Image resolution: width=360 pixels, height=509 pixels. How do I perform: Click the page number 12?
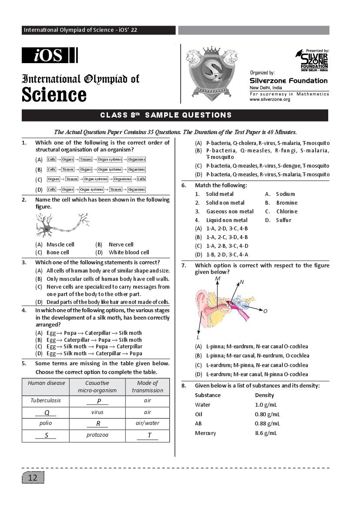coord(33,478)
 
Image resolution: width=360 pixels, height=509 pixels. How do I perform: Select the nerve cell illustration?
coord(62,225)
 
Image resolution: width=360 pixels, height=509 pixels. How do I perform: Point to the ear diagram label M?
coord(218,278)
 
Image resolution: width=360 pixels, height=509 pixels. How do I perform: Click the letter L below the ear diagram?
coord(198,337)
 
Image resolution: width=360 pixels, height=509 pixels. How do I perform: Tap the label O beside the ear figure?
coord(265,311)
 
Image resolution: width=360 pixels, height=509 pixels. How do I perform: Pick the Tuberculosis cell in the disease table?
coord(46,401)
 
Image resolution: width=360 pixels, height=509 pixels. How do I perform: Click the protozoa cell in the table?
coord(98,435)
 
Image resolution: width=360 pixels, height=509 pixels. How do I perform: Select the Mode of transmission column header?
coord(147,387)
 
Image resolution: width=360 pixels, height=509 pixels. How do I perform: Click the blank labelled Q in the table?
coord(47,412)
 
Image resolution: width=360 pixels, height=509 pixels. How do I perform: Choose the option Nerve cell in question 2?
coord(121,245)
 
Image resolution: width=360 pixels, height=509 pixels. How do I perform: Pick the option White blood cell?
coord(128,253)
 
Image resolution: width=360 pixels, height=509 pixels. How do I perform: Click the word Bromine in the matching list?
coord(287,203)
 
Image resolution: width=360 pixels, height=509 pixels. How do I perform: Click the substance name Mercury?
coord(205,433)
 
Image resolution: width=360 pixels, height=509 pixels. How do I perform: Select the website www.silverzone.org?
coord(269,100)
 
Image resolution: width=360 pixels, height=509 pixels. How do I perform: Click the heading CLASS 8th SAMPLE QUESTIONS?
coord(166,115)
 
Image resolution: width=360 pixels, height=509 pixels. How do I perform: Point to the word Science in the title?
coord(54,94)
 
